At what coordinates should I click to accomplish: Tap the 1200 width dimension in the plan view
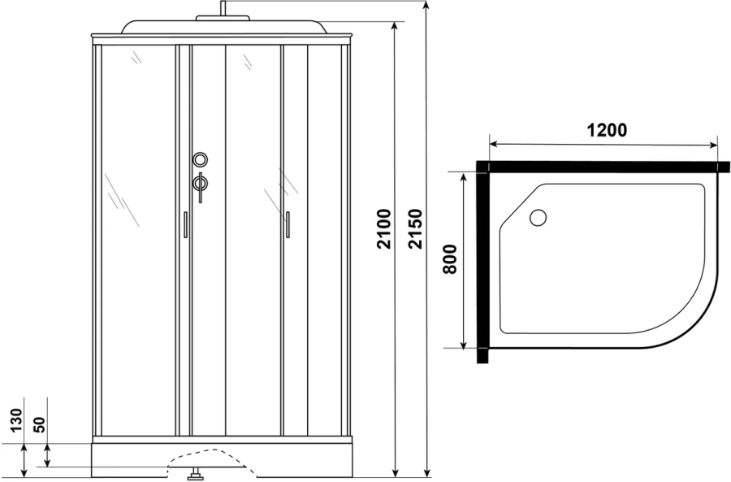click(x=606, y=131)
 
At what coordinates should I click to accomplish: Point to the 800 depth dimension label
click(x=452, y=260)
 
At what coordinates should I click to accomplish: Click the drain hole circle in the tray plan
click(x=538, y=218)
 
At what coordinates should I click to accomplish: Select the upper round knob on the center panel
click(x=201, y=160)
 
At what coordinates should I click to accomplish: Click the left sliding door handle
click(x=185, y=224)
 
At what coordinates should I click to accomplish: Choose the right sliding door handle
click(x=287, y=224)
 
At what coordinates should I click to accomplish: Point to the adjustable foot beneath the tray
click(x=195, y=474)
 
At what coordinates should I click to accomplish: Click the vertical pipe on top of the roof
click(x=220, y=10)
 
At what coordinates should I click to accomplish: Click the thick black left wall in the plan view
click(x=482, y=264)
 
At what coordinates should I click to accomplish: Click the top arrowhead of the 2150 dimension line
click(x=426, y=7)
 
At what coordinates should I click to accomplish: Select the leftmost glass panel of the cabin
click(x=136, y=236)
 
